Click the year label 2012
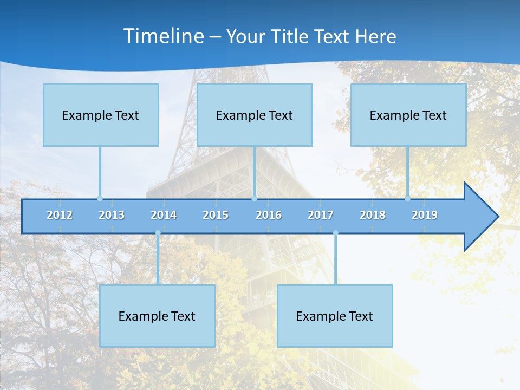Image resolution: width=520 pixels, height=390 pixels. (x=60, y=215)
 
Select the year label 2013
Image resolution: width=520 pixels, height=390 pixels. (x=112, y=215)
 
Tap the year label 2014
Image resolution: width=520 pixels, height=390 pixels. (x=164, y=215)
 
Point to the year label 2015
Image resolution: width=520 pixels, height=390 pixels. (x=216, y=215)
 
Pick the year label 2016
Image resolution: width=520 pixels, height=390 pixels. (x=269, y=215)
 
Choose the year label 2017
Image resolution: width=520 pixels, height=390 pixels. (x=321, y=215)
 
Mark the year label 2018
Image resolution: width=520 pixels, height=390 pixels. (x=373, y=215)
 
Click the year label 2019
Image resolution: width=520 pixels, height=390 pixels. (x=425, y=215)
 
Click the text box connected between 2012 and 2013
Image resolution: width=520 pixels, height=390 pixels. (x=101, y=115)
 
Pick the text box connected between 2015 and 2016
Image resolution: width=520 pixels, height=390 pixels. (x=255, y=115)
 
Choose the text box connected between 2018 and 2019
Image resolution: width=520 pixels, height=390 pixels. (x=408, y=115)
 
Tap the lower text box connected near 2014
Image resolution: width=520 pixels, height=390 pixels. (x=157, y=316)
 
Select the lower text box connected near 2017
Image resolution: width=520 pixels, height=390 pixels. (x=335, y=316)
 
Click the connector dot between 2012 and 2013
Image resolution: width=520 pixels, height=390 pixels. (x=100, y=198)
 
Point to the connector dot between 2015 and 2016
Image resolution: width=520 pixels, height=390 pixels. (x=254, y=198)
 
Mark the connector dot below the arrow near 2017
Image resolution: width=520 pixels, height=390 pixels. (x=335, y=233)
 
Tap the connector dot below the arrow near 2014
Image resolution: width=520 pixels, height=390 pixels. (x=158, y=233)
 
